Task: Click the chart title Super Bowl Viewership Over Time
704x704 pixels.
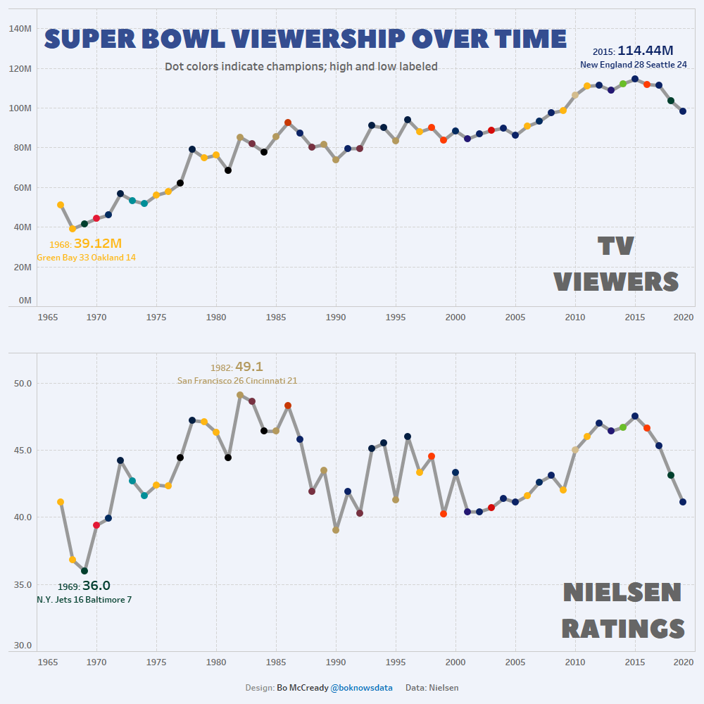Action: [x=306, y=39]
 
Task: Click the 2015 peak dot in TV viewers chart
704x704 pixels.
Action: [x=635, y=80]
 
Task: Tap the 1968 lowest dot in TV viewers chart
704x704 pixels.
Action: [x=73, y=229]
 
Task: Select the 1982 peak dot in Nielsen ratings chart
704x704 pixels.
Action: [x=240, y=395]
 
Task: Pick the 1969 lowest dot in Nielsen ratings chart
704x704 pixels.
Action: [x=84, y=571]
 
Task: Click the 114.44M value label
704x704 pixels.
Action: [x=645, y=51]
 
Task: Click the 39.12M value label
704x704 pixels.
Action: [x=97, y=244]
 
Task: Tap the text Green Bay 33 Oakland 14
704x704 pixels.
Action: [x=86, y=258]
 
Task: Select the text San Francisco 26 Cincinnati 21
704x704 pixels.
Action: [x=237, y=381]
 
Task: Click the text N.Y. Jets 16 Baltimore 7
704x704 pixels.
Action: [x=84, y=600]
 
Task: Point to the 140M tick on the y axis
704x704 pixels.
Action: [x=19, y=29]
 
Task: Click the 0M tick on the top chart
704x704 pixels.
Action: [x=25, y=301]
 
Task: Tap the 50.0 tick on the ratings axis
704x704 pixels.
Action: [x=23, y=384]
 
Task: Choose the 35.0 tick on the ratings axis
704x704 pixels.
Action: [x=23, y=584]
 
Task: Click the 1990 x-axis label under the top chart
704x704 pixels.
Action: [x=336, y=317]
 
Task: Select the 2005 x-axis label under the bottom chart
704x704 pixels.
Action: [x=515, y=662]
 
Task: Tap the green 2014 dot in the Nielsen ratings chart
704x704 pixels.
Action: [x=623, y=427]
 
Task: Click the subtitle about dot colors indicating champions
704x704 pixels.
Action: [x=301, y=67]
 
